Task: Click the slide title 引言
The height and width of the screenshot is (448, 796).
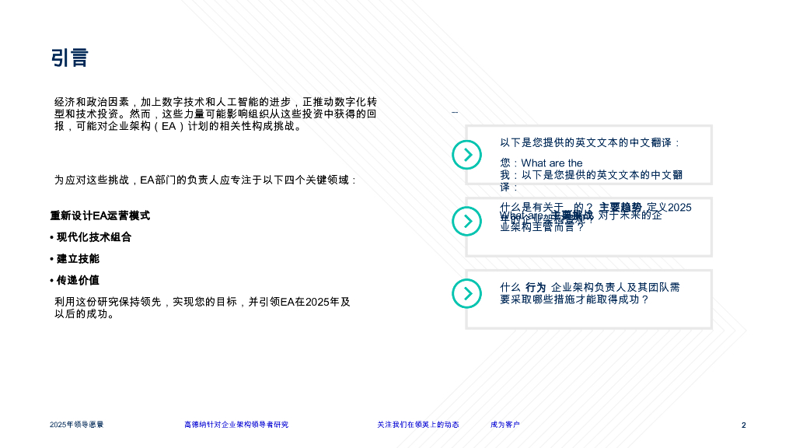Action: pos(70,58)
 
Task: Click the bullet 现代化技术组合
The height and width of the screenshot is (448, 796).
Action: pos(93,237)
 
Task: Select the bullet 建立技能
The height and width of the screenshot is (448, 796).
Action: pos(78,258)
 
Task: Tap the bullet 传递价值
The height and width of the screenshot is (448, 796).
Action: pos(78,280)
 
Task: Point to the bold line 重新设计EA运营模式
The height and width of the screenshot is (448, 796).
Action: pos(100,215)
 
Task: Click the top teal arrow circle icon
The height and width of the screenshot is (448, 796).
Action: pos(467,155)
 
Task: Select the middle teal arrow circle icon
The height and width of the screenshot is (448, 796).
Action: pos(467,222)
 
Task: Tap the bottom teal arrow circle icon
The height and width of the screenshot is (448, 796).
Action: pos(467,293)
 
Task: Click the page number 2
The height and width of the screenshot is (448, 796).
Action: pos(743,425)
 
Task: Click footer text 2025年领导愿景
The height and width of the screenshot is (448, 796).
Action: pos(77,425)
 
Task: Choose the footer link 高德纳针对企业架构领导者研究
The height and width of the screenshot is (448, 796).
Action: pos(236,425)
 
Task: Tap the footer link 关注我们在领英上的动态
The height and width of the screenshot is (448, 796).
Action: pos(418,425)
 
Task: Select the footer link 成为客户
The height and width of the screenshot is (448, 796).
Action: pos(505,425)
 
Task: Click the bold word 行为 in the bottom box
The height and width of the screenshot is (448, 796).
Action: pos(536,287)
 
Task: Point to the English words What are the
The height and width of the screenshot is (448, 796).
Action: pos(552,163)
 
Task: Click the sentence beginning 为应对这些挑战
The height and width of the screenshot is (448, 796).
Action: pos(205,180)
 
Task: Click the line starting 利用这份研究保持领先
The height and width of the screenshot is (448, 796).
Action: pos(202,302)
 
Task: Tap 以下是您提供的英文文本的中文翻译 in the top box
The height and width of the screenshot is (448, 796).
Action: pos(590,142)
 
